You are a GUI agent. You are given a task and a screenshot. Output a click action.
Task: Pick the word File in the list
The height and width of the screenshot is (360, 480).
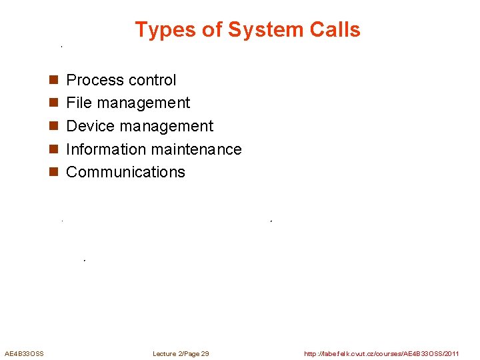79,103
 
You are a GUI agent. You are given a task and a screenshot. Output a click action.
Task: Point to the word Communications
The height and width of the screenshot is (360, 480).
126,172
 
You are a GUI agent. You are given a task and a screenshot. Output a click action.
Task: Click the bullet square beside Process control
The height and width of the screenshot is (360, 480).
53,81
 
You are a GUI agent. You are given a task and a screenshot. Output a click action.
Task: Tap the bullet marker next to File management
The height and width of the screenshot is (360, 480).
53,103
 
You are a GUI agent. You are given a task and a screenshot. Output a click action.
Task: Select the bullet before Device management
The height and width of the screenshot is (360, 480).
53,127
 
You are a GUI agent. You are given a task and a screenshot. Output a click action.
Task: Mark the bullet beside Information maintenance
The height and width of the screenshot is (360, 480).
53,150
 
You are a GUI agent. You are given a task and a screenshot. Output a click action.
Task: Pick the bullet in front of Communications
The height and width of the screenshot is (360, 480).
53,173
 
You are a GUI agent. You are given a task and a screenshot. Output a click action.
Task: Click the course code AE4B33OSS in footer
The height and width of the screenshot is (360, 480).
24,353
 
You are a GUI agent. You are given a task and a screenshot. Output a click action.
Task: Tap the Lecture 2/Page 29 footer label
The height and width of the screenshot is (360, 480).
181,353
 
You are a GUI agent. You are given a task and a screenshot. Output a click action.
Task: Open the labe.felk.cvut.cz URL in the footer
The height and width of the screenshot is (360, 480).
381,353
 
